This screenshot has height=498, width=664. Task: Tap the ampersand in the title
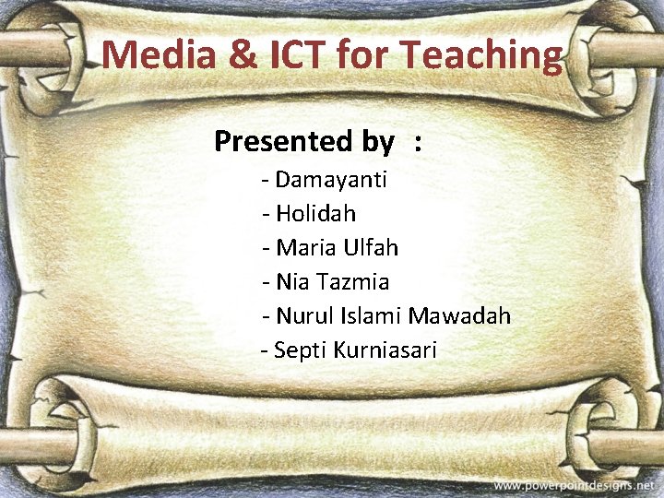243,54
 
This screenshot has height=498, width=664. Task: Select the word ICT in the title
297,54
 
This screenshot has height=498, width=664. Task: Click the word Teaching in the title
481,54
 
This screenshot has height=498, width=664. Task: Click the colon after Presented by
420,142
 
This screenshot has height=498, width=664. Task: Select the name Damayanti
331,179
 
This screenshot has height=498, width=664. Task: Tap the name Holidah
315,213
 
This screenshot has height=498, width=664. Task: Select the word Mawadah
459,316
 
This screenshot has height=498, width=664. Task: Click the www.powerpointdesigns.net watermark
573,485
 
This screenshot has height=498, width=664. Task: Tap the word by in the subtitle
379,142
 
